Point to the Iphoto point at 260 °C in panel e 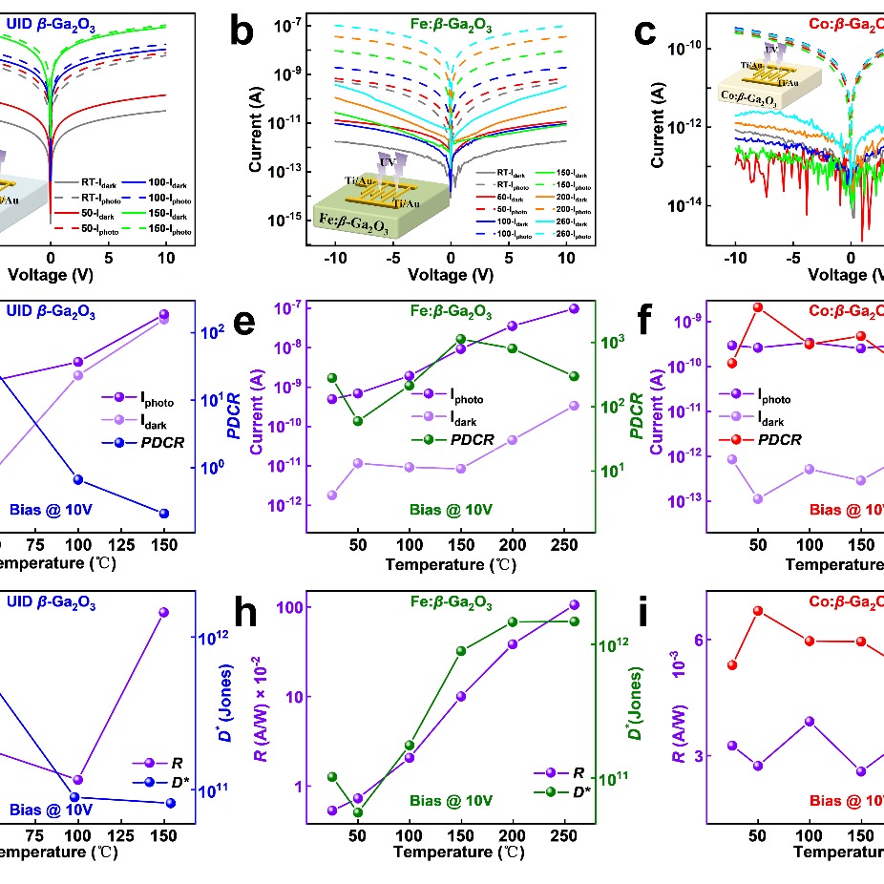tap(574, 308)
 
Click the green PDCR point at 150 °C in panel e tap(461, 339)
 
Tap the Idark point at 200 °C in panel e tap(513, 439)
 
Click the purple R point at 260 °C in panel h tap(574, 604)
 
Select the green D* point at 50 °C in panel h tap(358, 812)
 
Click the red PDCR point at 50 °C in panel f tap(757, 307)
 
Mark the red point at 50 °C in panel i tap(758, 611)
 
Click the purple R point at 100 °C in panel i tap(810, 721)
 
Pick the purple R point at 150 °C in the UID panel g tap(163, 612)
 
